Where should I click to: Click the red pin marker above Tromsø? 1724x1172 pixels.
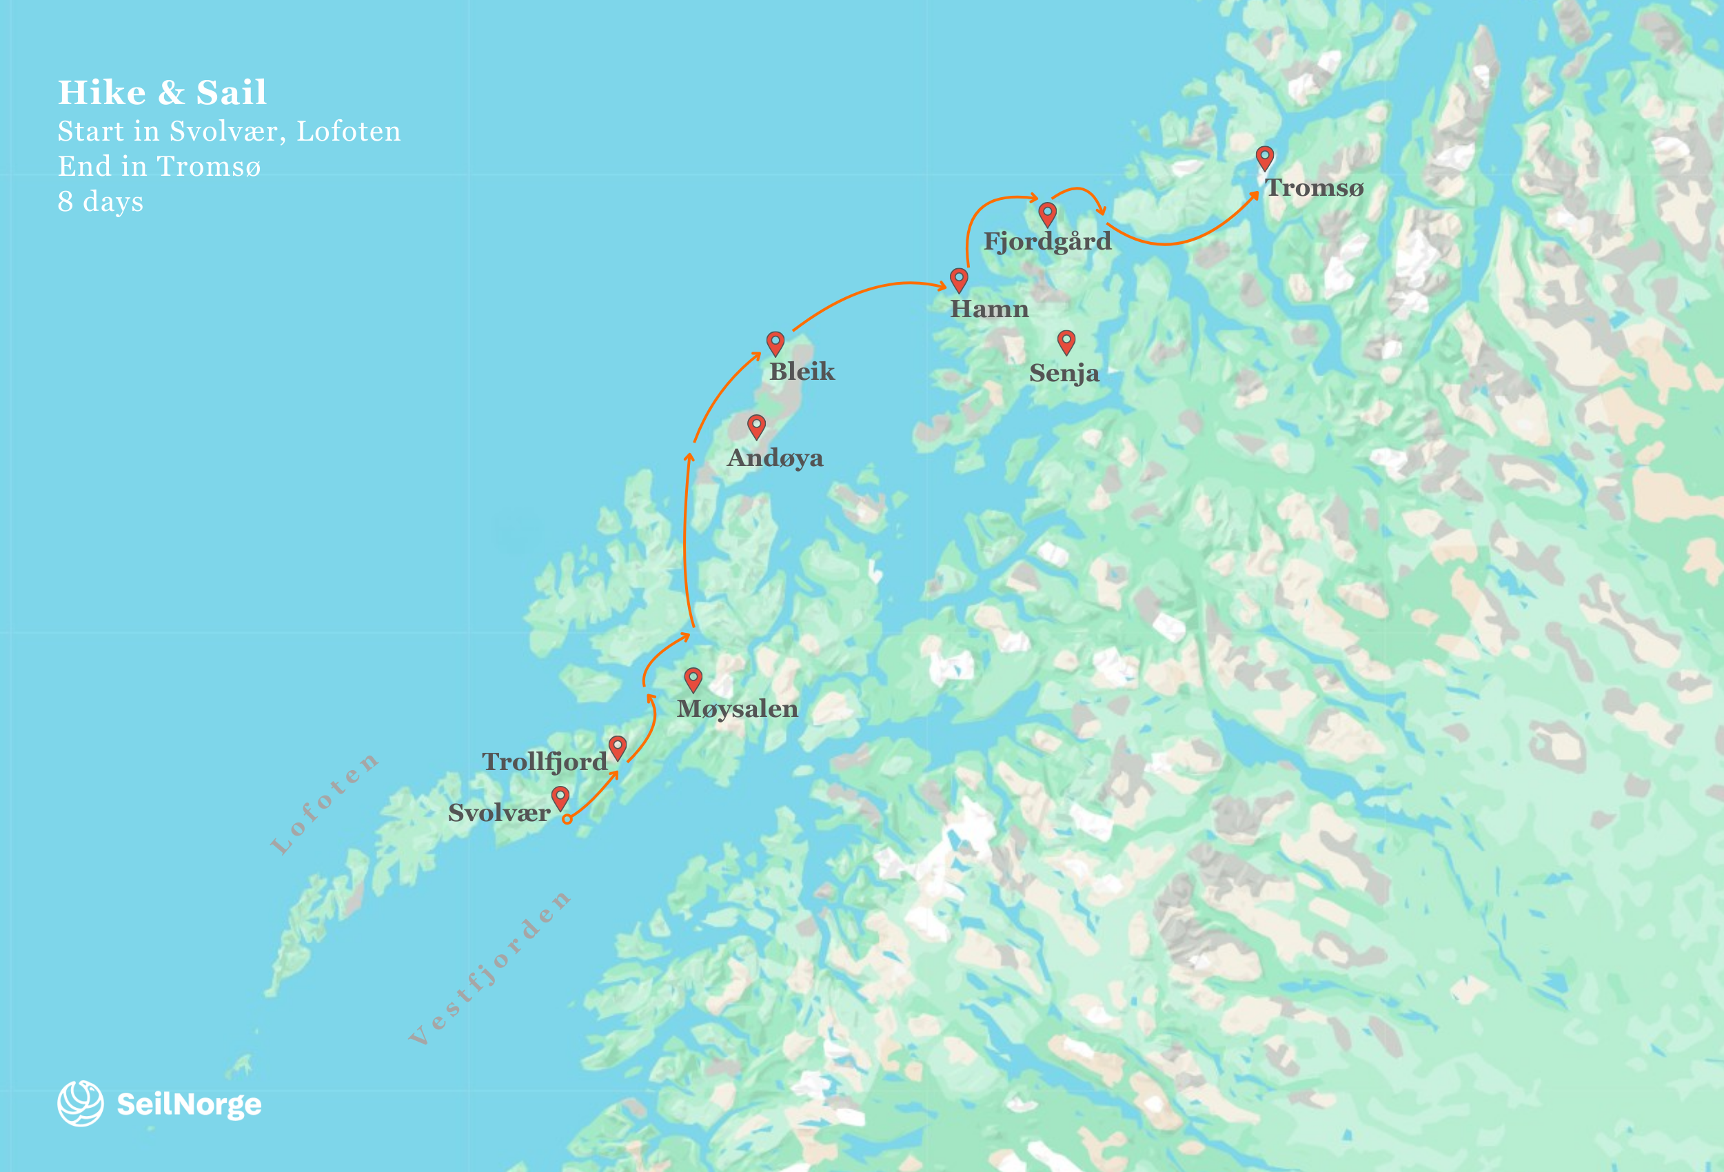(x=1265, y=156)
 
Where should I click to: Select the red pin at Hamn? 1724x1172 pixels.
(x=958, y=279)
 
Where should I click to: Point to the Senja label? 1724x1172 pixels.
(x=1064, y=373)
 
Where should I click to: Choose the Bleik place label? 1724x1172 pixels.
(x=801, y=371)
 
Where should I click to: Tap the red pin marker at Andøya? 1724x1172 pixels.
(x=756, y=425)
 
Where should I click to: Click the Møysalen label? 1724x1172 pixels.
(x=738, y=709)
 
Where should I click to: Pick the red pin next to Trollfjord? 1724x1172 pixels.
(x=617, y=746)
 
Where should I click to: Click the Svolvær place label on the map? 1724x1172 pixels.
(x=498, y=813)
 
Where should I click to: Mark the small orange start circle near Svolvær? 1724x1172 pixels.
(x=567, y=819)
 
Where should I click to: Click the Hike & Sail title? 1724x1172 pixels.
(x=163, y=92)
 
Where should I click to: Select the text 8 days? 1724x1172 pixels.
(x=100, y=201)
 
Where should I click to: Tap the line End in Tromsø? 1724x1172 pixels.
(x=159, y=166)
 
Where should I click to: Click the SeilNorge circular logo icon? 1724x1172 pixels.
(x=80, y=1103)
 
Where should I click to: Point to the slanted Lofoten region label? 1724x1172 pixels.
(x=324, y=802)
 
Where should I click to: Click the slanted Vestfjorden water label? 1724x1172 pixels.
(x=489, y=967)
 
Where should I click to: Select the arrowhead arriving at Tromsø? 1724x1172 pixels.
(x=1254, y=196)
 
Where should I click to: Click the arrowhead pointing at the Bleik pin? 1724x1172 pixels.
(x=756, y=356)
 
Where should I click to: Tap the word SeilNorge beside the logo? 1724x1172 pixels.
(x=189, y=1104)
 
